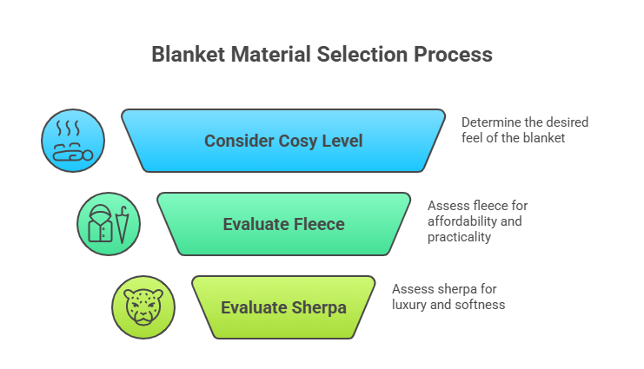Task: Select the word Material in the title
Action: (259, 54)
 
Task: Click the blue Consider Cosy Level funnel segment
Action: (282, 141)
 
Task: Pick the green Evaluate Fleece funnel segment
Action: (283, 224)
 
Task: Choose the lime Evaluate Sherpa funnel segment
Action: (283, 307)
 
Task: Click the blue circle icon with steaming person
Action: (73, 141)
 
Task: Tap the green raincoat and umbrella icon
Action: (108, 224)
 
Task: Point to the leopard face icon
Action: (143, 307)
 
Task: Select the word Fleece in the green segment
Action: (317, 224)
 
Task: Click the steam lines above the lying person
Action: (73, 129)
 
